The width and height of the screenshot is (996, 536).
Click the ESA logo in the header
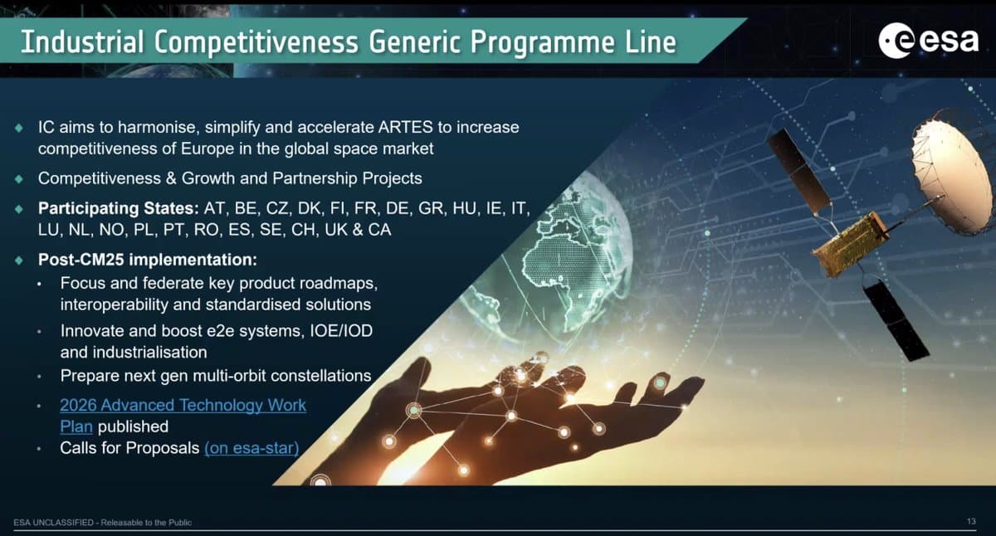[929, 39]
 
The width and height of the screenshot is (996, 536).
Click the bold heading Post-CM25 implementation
[148, 259]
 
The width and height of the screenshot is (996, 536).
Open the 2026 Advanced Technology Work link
[183, 406]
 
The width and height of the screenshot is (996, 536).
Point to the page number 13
[971, 521]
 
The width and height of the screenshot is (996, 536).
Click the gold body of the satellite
[848, 243]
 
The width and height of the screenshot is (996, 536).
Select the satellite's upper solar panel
[798, 170]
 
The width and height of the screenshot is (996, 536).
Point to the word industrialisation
[134, 352]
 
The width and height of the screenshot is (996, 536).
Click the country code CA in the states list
[379, 229]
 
